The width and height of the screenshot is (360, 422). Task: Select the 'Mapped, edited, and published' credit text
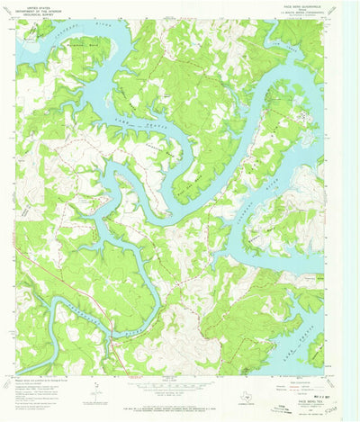point(40,382)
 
